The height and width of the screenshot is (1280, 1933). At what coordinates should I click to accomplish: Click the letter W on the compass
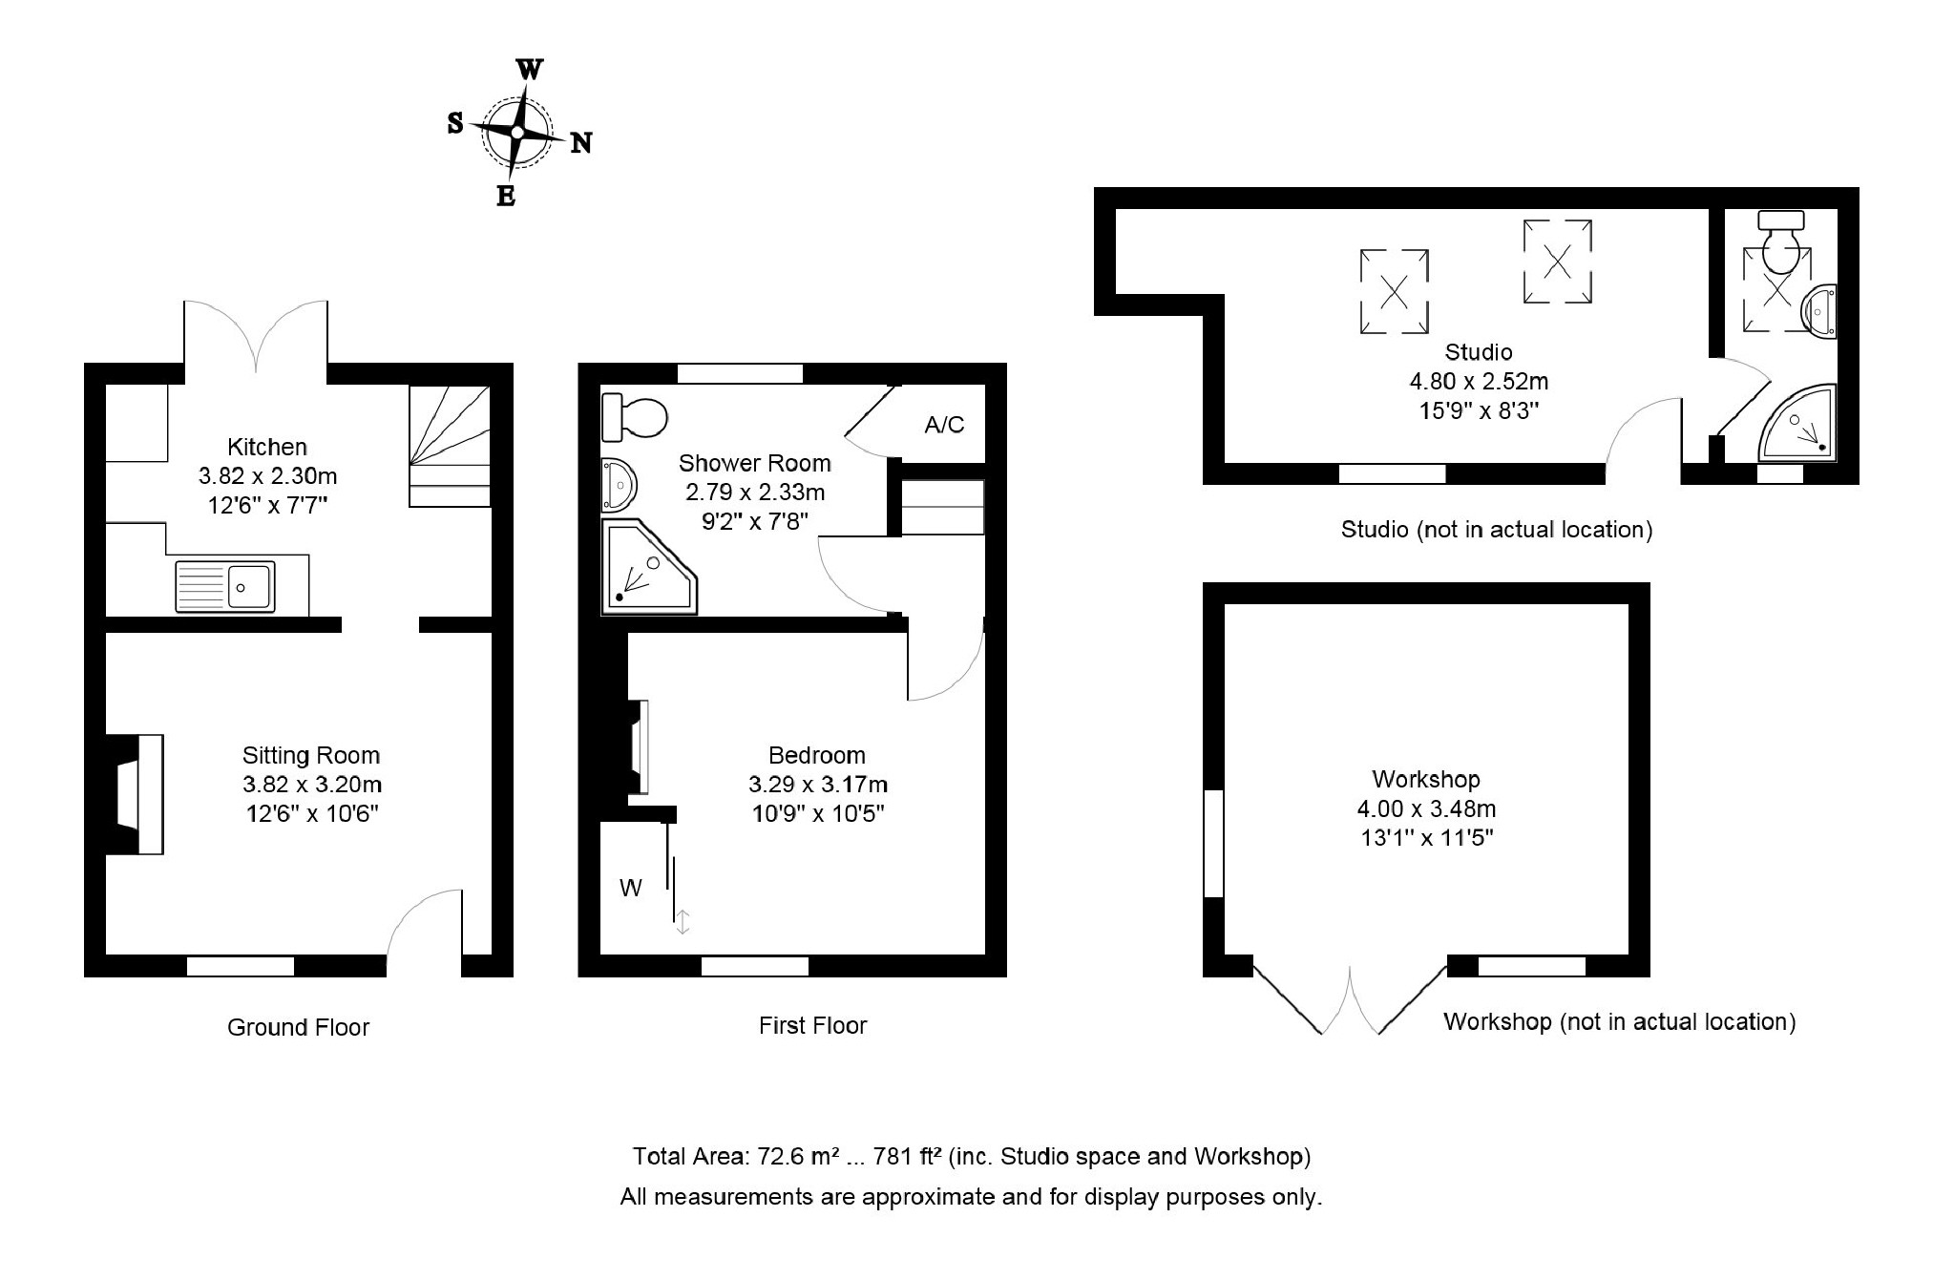[x=530, y=70]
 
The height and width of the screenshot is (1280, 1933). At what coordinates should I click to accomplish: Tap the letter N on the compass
[x=580, y=143]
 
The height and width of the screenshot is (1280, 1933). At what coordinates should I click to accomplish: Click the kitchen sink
[x=225, y=586]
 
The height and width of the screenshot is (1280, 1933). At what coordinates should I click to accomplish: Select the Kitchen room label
[x=267, y=447]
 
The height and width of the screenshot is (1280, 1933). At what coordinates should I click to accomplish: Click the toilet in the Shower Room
[x=634, y=417]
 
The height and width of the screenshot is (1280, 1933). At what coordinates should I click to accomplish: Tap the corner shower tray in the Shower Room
[x=647, y=566]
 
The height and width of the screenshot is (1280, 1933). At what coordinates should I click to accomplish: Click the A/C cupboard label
[x=944, y=425]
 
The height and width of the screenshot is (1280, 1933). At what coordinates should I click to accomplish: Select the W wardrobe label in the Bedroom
[x=630, y=889]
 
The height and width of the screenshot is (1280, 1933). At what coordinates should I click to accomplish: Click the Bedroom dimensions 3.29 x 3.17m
[x=818, y=785]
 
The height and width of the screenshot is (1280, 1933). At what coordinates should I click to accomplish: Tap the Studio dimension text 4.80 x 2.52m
[x=1479, y=382]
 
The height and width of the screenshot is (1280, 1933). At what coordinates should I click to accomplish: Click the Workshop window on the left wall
[x=1213, y=843]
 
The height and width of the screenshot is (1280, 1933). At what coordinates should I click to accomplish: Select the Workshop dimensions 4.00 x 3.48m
[x=1426, y=809]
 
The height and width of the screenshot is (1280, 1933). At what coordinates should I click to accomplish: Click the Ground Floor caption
[x=298, y=1027]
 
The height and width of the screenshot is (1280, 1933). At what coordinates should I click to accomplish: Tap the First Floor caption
[x=812, y=1026]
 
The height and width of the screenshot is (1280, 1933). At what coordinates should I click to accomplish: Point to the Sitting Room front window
[x=241, y=966]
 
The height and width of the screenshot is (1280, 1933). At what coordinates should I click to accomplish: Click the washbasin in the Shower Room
[x=618, y=485]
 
